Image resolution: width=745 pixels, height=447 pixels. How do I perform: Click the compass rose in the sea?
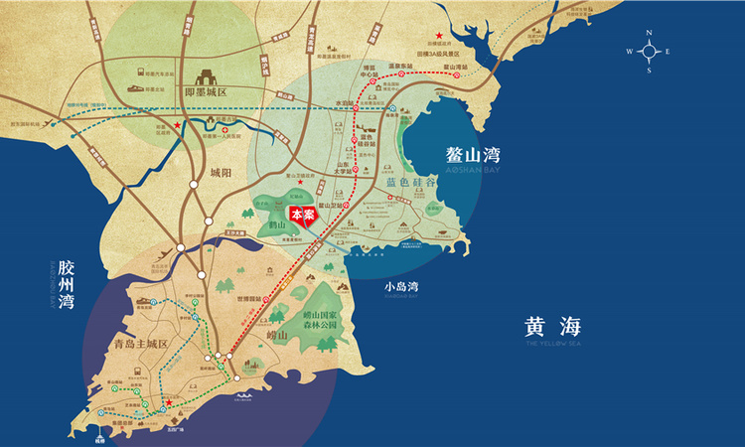point(648,51)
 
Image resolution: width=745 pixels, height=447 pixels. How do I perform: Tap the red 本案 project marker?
point(303,215)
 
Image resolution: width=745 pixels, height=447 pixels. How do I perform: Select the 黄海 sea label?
point(552,325)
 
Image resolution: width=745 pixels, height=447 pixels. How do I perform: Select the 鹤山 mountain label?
point(266,227)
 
